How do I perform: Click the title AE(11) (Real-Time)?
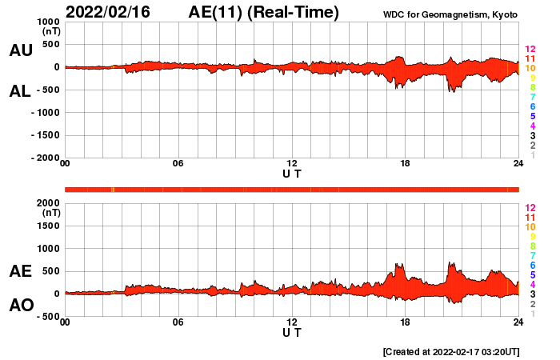click(263, 12)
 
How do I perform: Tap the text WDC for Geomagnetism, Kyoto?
click(450, 14)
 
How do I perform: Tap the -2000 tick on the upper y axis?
click(45, 158)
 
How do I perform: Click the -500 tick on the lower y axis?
click(47, 317)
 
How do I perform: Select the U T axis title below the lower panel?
click(292, 332)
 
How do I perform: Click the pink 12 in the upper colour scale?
click(530, 50)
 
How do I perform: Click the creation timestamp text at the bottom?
click(451, 351)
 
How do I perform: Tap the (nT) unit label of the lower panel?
click(51, 214)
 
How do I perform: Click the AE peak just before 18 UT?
click(398, 265)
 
